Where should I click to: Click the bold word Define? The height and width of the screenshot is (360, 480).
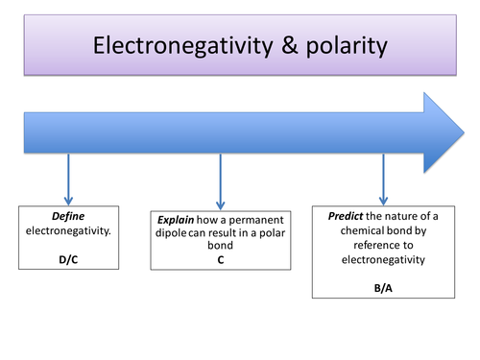(69, 220)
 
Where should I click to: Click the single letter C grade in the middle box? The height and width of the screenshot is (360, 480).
(221, 259)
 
